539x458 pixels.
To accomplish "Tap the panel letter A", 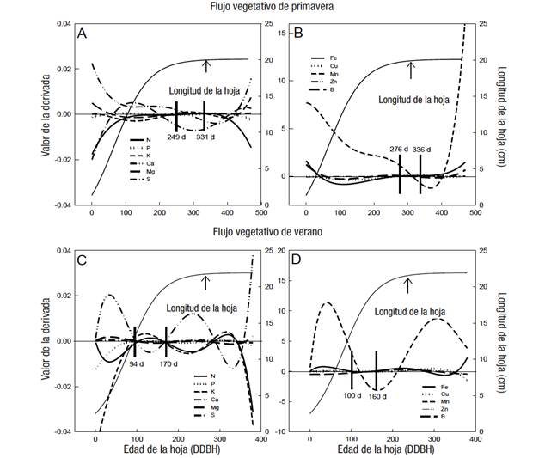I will pos(83,34).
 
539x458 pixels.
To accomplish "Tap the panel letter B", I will pos(298,34).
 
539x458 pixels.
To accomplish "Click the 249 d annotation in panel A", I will pos(177,137).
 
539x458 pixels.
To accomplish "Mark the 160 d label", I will pos(377,396).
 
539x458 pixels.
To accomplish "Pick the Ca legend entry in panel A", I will pos(149,162).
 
